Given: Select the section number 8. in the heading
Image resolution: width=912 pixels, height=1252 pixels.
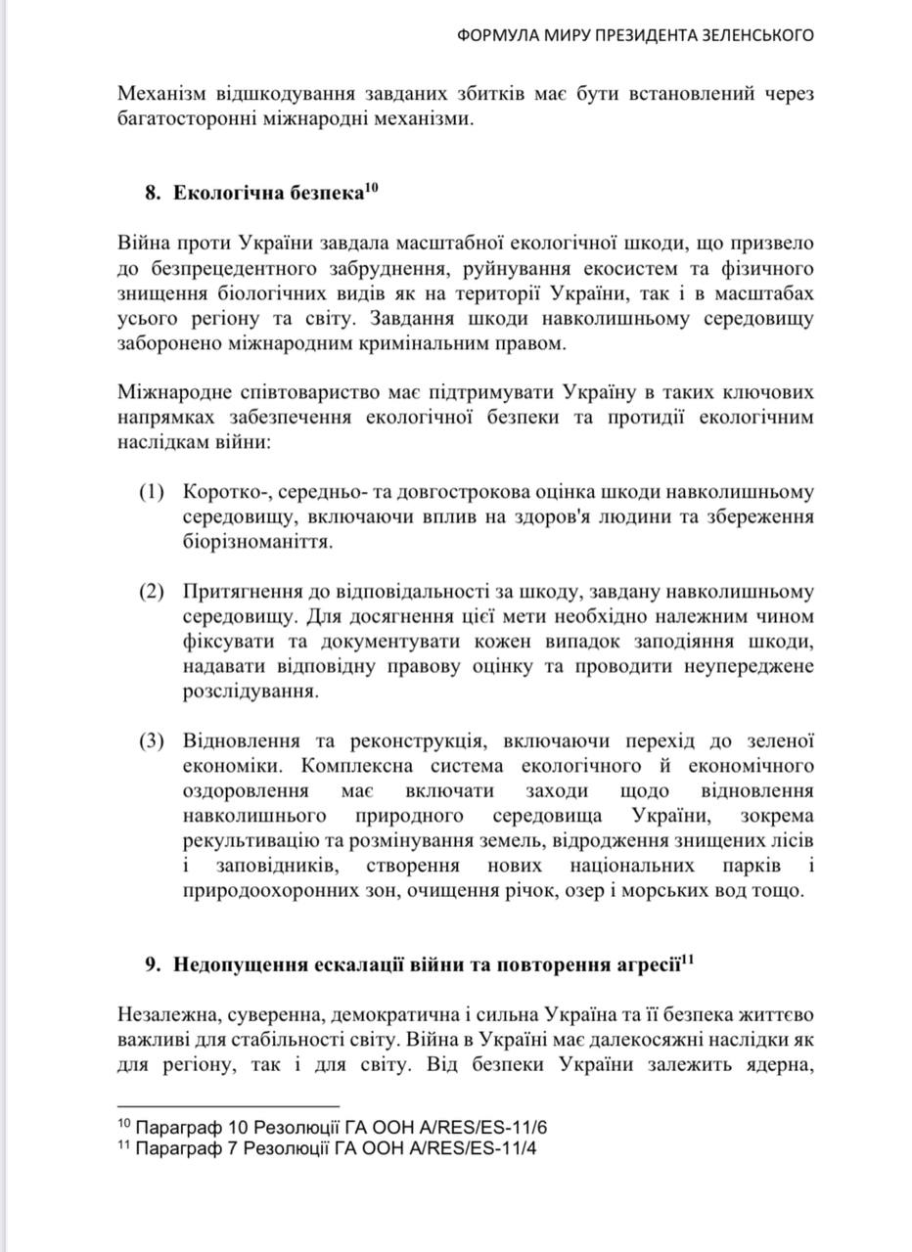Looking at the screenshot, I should pos(153,193).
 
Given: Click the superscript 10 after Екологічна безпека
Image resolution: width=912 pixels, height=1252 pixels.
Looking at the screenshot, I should pos(371,186).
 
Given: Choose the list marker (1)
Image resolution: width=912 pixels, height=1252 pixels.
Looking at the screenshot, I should pos(152,491).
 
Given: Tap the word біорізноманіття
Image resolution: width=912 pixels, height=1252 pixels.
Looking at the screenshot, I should pos(257,540).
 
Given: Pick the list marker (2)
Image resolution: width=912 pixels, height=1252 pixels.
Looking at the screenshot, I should pos(152,592).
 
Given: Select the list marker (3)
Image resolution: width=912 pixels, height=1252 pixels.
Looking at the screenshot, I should pos(152,740).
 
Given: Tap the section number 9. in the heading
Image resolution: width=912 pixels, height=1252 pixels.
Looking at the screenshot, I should pos(153,964).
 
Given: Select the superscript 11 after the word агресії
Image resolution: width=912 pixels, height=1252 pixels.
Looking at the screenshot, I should pos(687,958).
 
